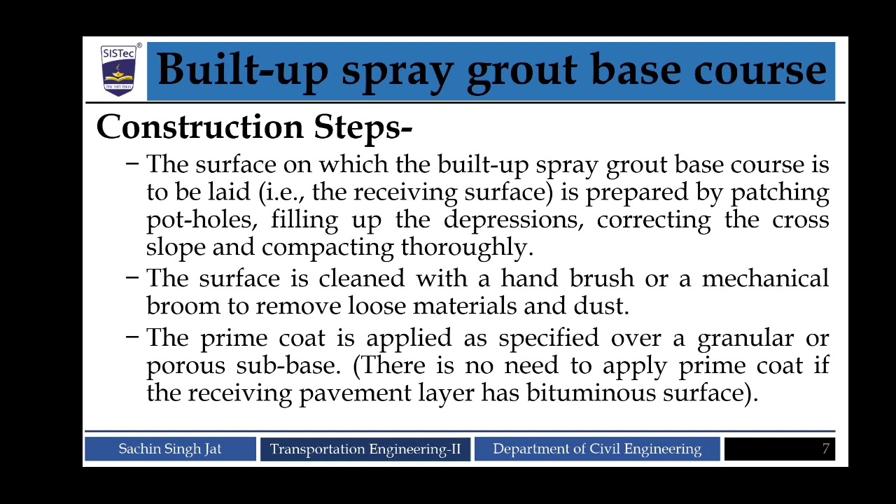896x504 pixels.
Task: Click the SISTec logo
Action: tap(119, 70)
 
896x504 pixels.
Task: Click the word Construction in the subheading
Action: tap(200, 127)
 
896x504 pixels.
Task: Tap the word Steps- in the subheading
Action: tap(363, 127)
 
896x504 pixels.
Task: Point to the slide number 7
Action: tap(826, 449)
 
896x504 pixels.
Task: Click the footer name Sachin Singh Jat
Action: tap(170, 449)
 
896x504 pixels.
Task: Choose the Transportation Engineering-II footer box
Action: tap(365, 449)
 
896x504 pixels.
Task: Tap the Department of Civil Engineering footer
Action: tap(597, 449)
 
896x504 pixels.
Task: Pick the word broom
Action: tap(183, 307)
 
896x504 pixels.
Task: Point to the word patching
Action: tap(780, 192)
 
